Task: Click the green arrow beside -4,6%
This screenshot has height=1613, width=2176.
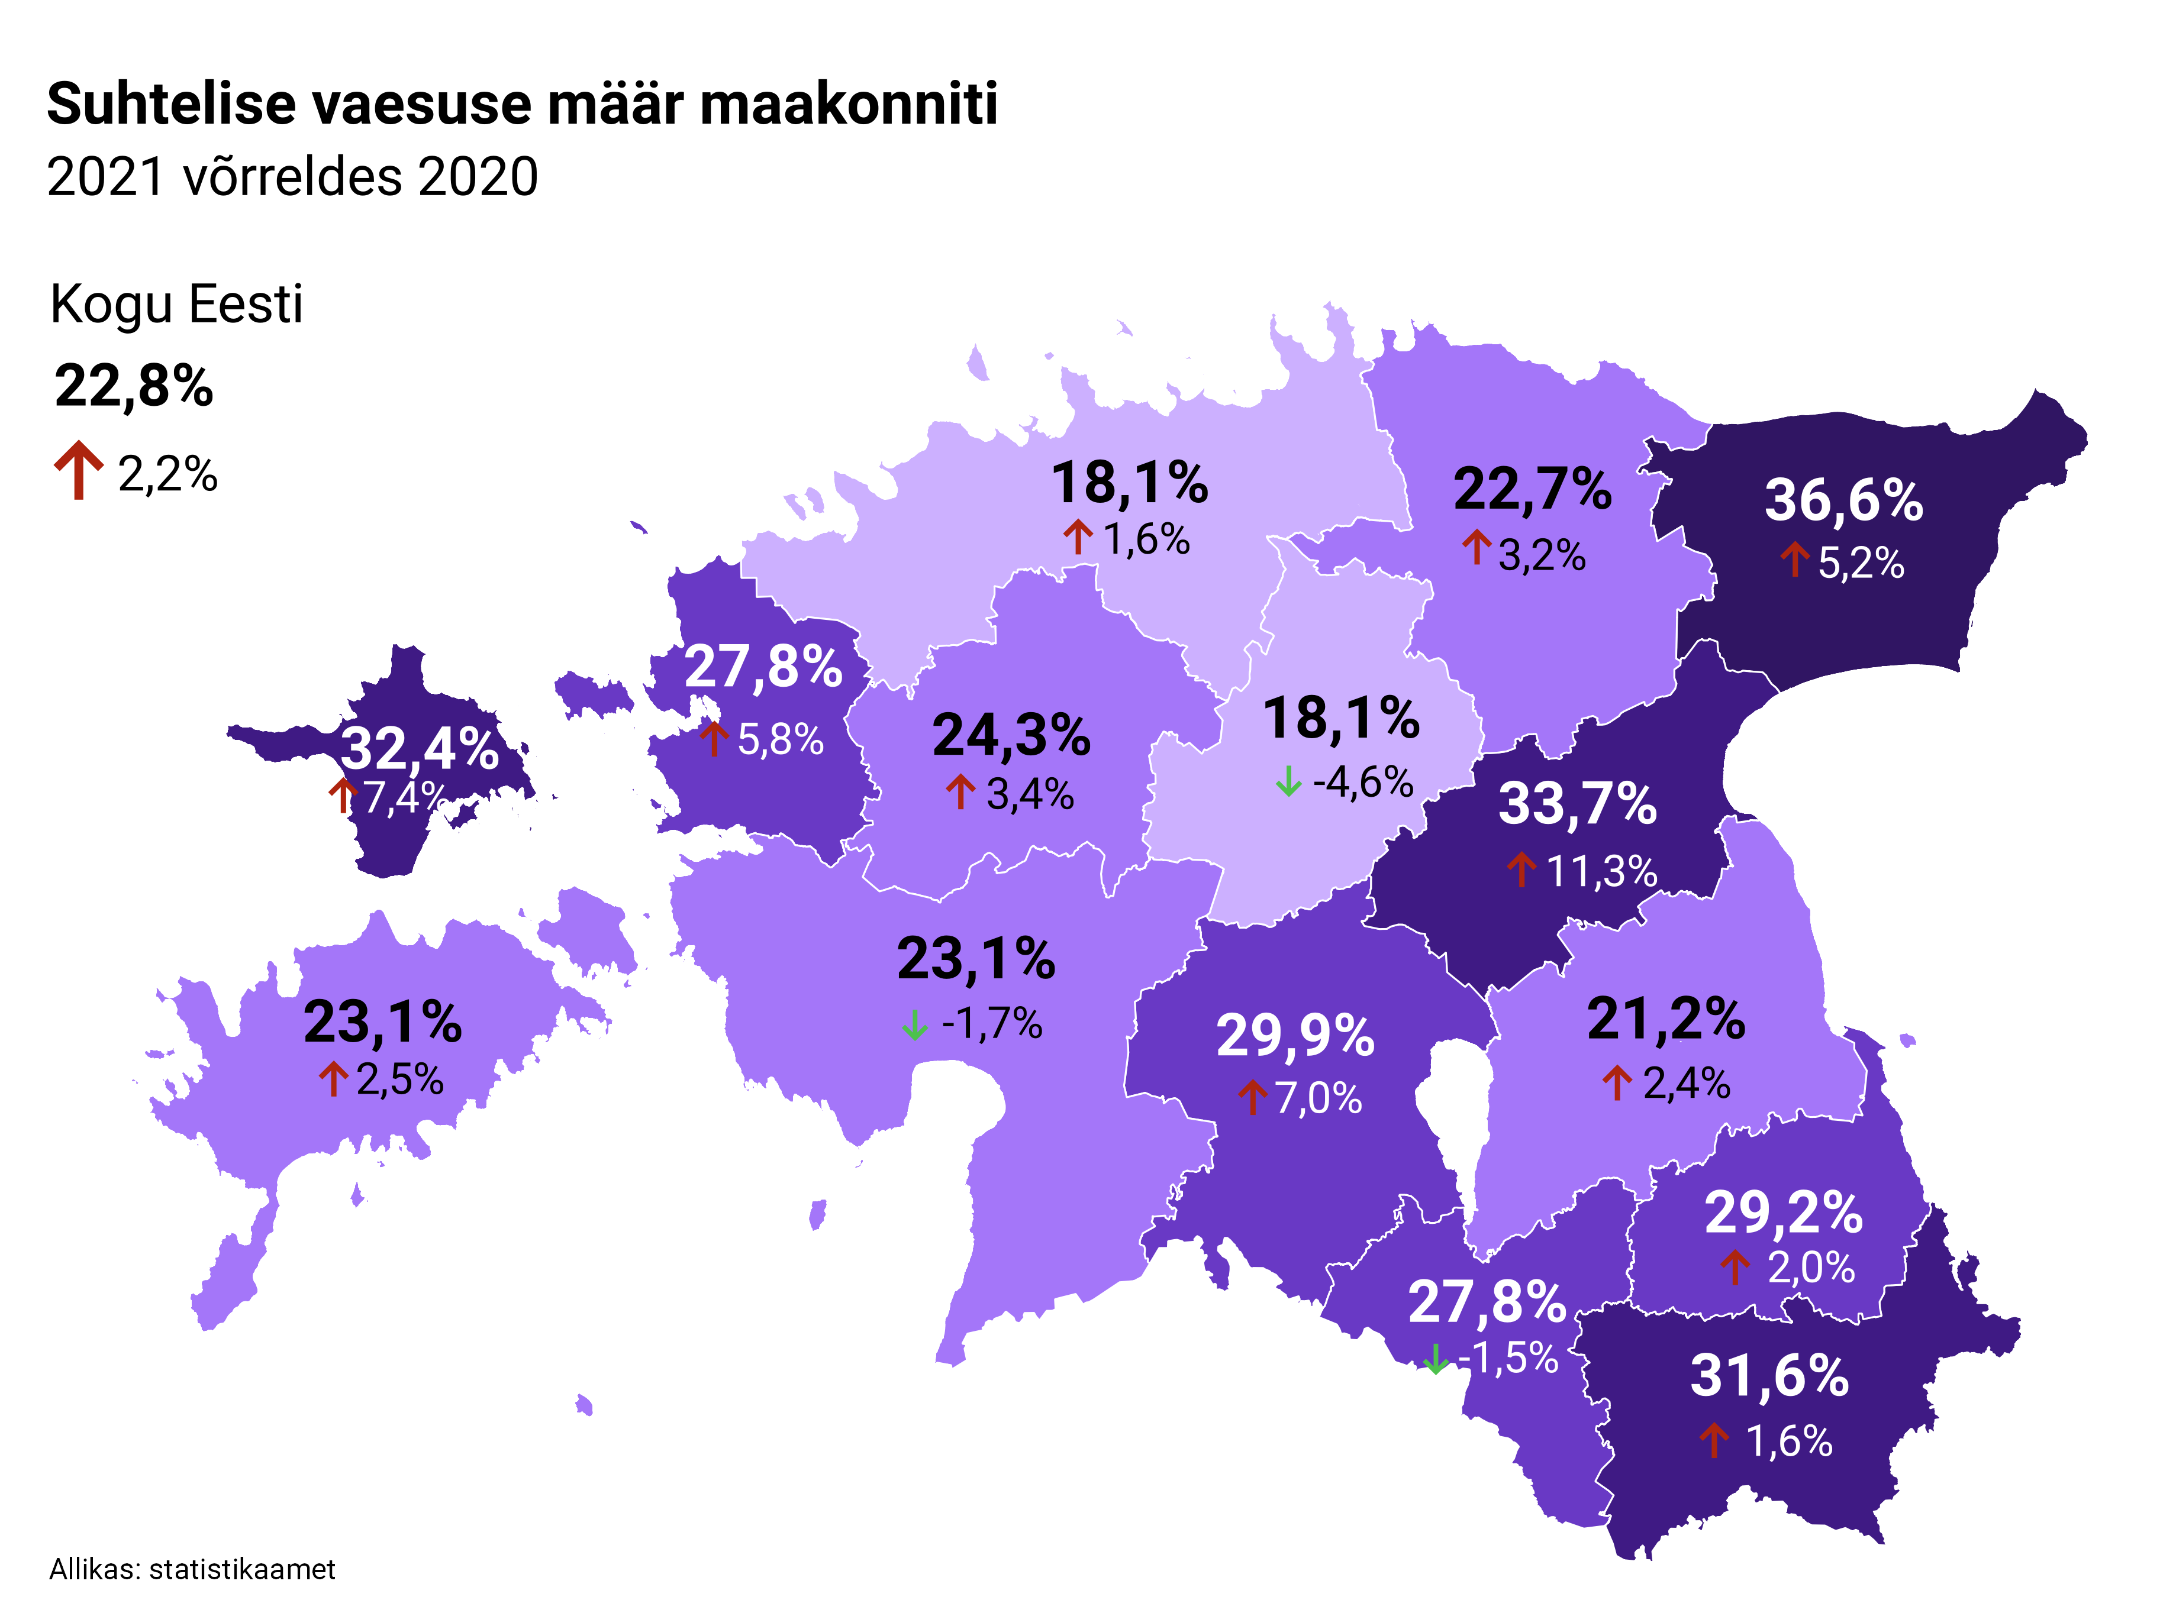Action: (1288, 781)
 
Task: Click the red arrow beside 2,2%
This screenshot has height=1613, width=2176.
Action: (78, 470)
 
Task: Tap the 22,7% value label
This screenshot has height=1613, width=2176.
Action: (1532, 489)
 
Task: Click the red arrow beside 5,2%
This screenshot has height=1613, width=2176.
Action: (1794, 561)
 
